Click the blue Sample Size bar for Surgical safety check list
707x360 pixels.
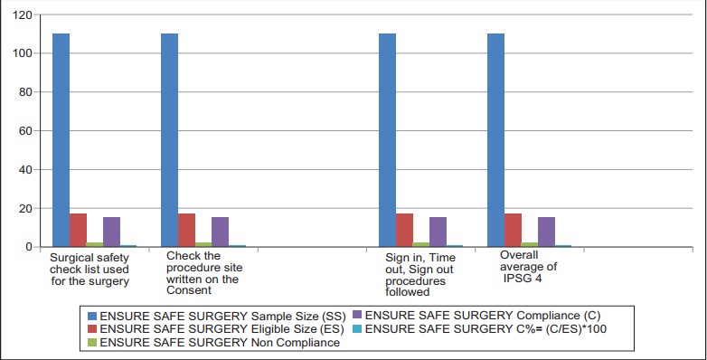click(x=61, y=140)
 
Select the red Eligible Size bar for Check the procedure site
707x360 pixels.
click(x=186, y=230)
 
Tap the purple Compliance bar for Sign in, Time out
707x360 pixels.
click(x=438, y=232)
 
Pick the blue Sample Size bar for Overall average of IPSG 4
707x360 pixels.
click(x=495, y=140)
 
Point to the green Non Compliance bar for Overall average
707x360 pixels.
click(x=530, y=245)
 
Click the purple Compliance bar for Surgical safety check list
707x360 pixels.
click(x=111, y=232)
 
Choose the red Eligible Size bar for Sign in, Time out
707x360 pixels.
click(x=404, y=230)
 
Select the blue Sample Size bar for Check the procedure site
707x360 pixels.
click(x=170, y=140)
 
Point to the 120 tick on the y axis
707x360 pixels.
click(x=23, y=14)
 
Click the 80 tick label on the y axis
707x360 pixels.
click(x=25, y=92)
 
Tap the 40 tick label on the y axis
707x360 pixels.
click(x=25, y=170)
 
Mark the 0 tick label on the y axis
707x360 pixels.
click(x=29, y=247)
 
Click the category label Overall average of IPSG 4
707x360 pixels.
click(x=528, y=267)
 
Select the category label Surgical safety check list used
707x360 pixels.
click(x=90, y=270)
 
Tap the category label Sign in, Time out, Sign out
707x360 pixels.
click(x=420, y=275)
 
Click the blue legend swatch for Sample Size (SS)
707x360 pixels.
click(x=92, y=316)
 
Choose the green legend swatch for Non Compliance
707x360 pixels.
click(x=92, y=343)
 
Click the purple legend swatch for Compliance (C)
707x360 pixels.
click(x=357, y=316)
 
